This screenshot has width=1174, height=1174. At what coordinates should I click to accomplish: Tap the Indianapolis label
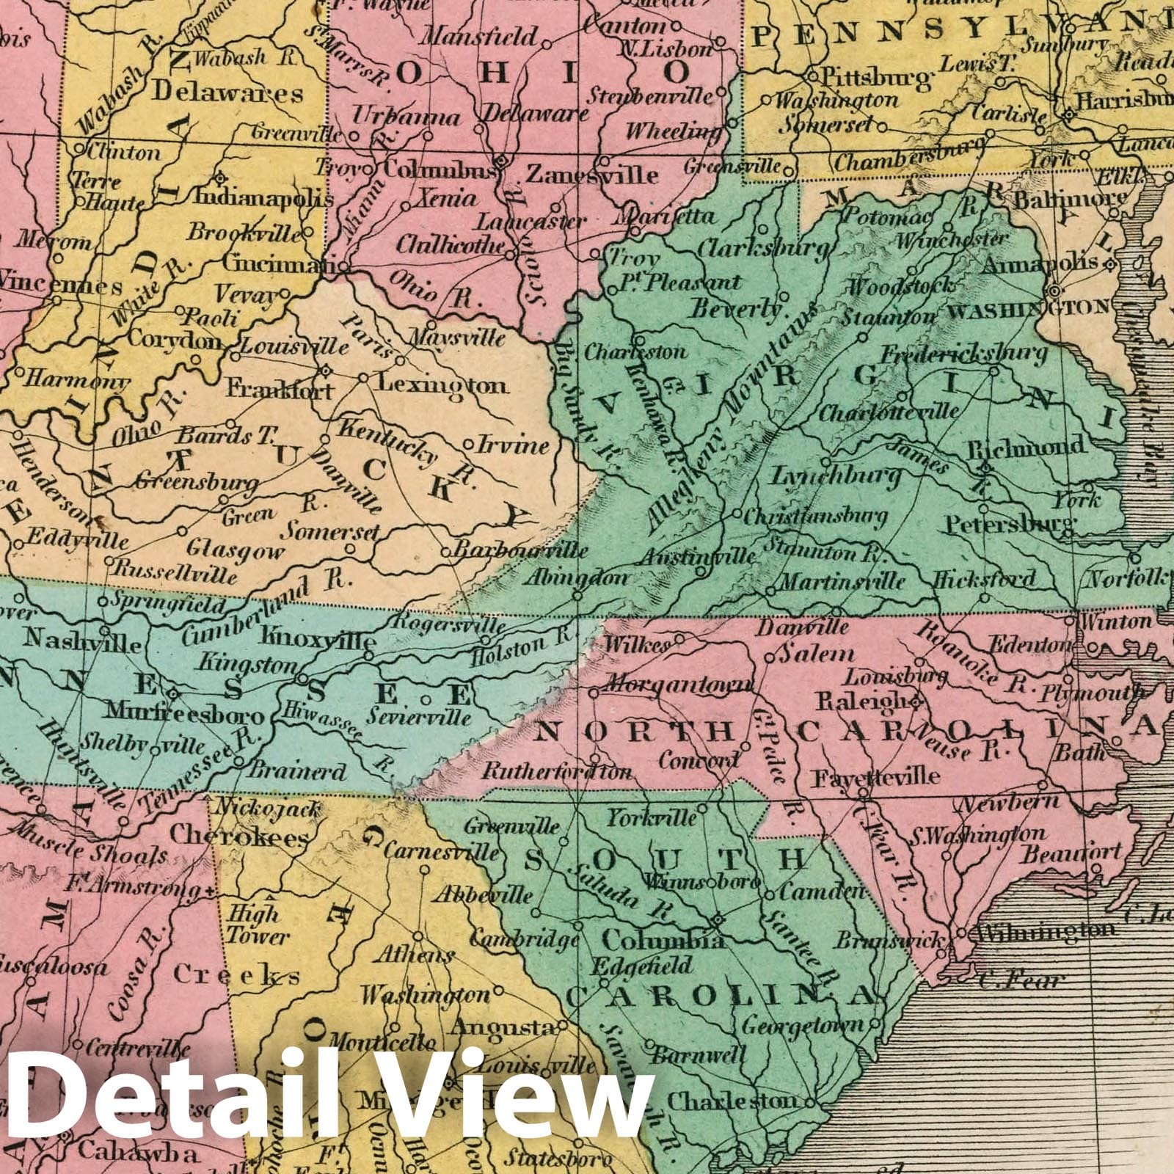tap(263, 198)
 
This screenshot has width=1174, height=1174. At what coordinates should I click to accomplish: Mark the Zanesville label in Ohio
tap(592, 175)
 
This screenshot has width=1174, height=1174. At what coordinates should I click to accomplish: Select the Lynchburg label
tap(835, 477)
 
